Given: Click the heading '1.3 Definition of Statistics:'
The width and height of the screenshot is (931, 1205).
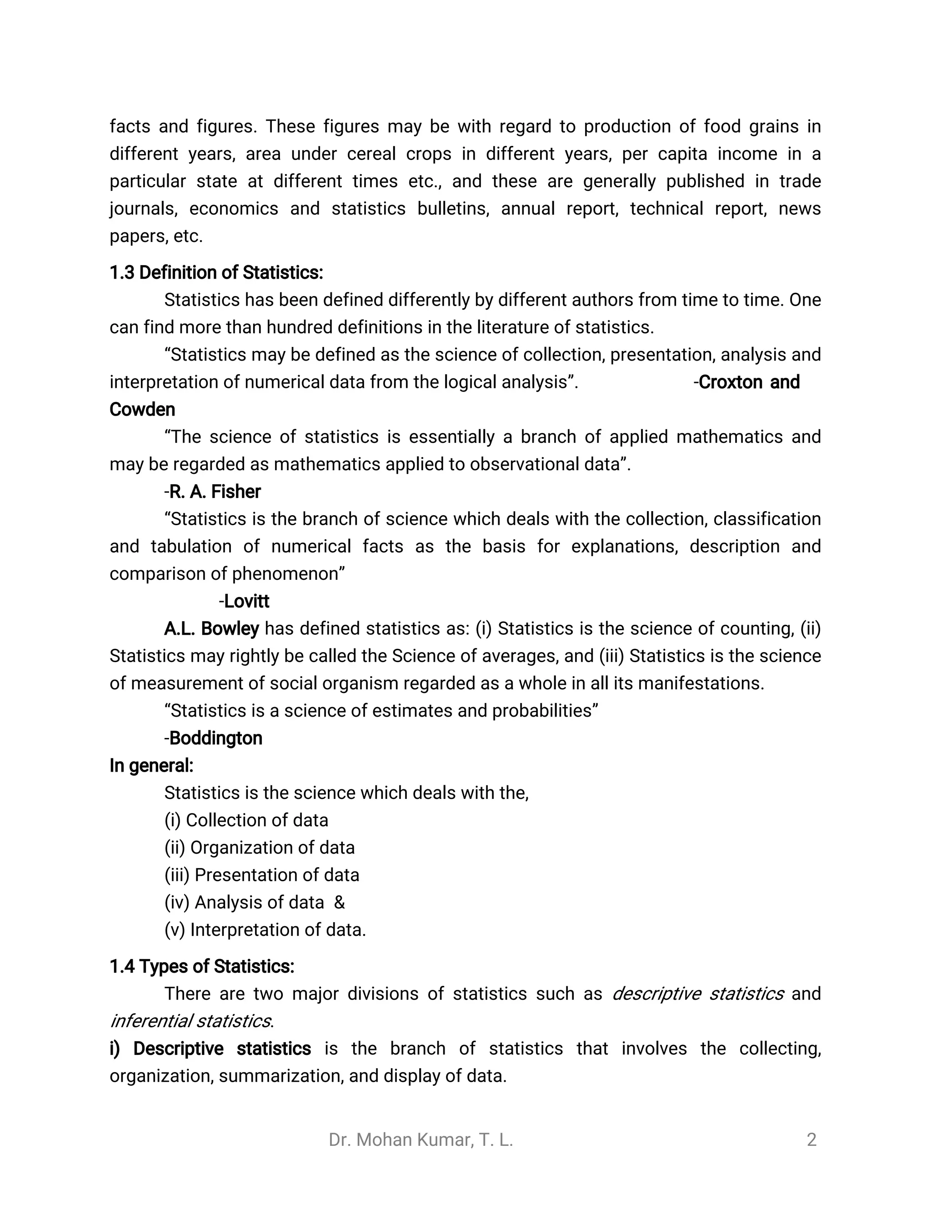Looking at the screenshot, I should click(x=216, y=272).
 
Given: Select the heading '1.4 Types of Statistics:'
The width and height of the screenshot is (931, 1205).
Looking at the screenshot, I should click(x=202, y=966).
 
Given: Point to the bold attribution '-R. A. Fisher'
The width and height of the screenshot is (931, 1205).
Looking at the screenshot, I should click(x=212, y=492).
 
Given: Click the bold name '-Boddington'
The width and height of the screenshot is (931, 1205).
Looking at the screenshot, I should click(x=214, y=738).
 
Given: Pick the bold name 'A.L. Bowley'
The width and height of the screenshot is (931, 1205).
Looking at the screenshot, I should click(x=211, y=628).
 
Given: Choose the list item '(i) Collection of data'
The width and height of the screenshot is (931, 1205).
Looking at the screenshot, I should click(x=246, y=820).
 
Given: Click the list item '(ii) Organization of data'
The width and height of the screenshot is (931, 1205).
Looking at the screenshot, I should click(x=259, y=848).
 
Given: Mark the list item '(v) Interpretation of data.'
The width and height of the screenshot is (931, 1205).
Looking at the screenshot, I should click(x=265, y=930).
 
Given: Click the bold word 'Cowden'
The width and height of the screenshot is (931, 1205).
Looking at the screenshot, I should click(x=142, y=409).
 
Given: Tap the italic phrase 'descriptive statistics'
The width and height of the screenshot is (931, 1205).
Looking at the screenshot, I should click(x=698, y=994).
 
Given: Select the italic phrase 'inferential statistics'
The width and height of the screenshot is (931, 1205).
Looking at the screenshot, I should click(x=190, y=1021).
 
